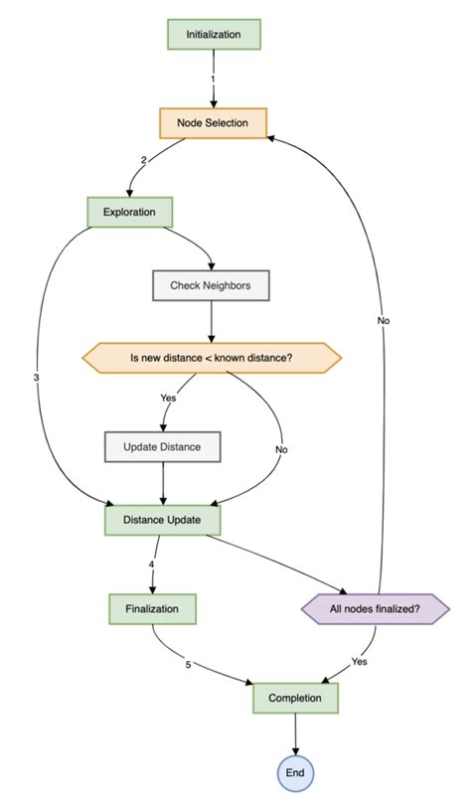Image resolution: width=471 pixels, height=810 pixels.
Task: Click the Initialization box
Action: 213,35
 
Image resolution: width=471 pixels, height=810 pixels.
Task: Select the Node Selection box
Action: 213,123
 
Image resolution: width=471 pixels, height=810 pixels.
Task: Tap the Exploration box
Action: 130,212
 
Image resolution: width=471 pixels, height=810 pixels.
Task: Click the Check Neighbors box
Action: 212,285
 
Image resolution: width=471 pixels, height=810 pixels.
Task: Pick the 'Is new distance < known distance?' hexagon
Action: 212,358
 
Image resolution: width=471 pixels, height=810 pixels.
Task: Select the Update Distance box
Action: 162,446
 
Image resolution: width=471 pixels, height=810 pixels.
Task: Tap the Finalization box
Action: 152,607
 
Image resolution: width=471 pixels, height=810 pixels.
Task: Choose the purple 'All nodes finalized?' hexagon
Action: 375,607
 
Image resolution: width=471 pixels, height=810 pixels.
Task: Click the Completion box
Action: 295,698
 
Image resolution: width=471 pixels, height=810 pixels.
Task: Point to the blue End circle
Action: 295,771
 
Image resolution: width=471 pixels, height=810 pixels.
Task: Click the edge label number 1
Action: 213,78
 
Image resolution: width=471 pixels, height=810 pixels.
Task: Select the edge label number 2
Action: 144,160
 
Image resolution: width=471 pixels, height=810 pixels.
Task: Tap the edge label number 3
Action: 36,378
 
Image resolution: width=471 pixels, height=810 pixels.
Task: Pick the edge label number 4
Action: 152,566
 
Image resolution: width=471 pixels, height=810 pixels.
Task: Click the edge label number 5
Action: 188,664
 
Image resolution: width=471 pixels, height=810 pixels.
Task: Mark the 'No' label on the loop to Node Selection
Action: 383,321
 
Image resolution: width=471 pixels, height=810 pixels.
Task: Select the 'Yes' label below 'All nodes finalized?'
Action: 360,660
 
